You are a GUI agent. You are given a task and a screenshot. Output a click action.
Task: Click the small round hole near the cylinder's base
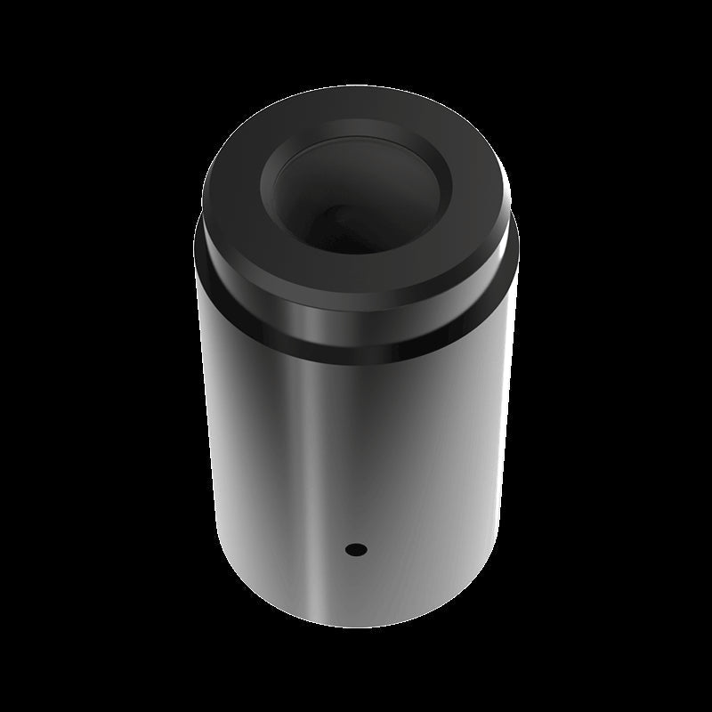[357, 549]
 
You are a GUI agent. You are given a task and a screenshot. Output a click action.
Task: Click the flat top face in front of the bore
[356, 267]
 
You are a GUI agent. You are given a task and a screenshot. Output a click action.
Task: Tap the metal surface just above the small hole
[357, 521]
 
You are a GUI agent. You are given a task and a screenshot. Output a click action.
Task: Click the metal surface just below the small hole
[357, 578]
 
